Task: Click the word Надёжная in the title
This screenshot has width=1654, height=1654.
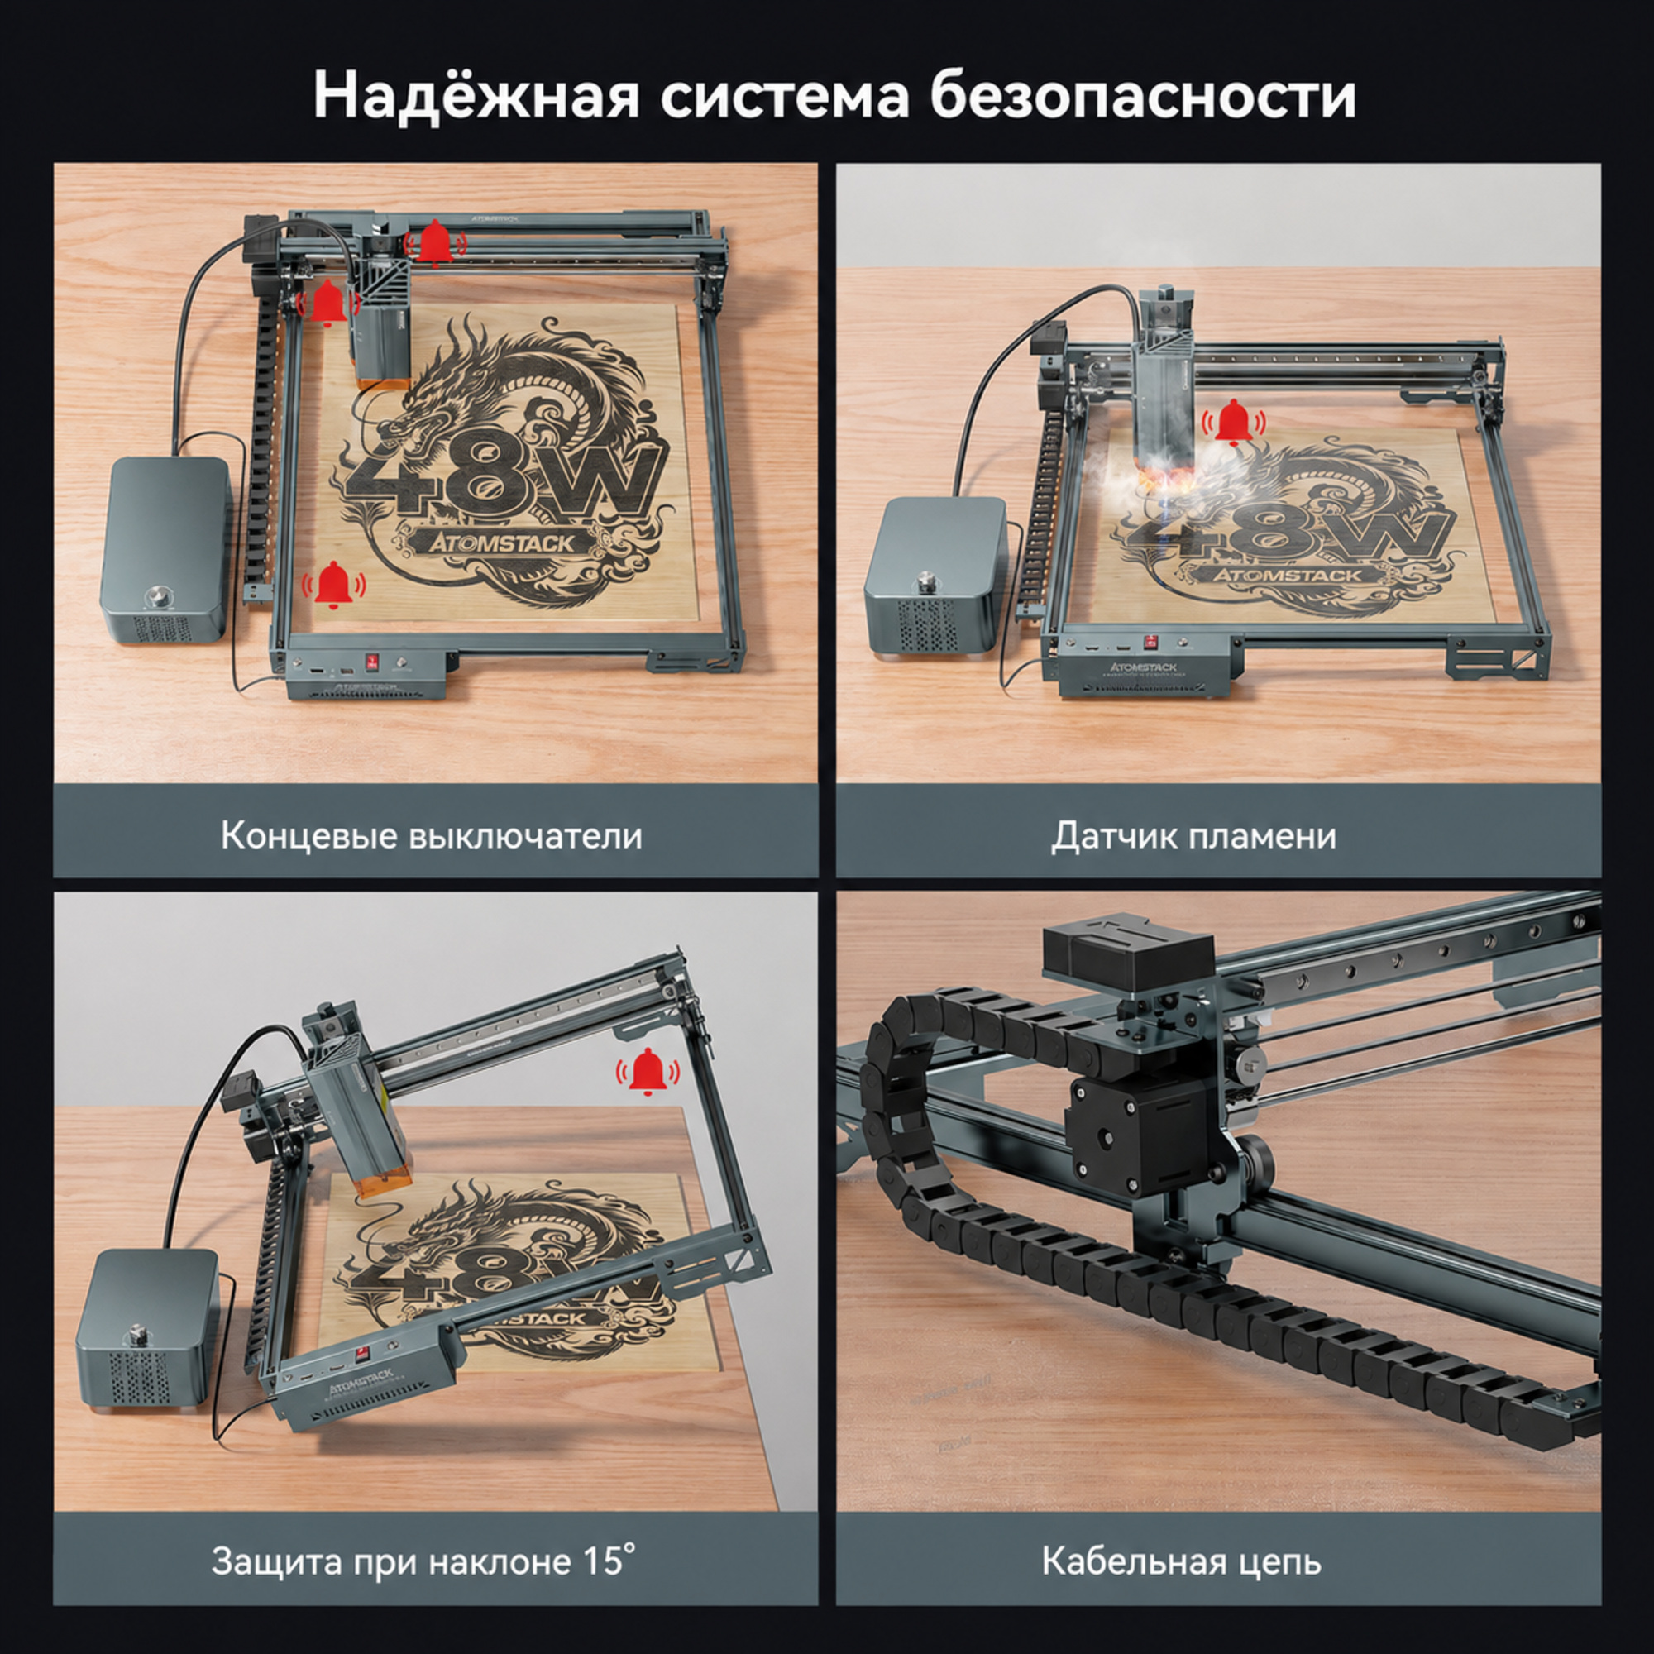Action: pos(476,95)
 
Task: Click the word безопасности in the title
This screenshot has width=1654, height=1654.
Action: pos(1143,95)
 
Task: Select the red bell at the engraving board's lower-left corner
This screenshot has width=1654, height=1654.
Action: pos(333,586)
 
